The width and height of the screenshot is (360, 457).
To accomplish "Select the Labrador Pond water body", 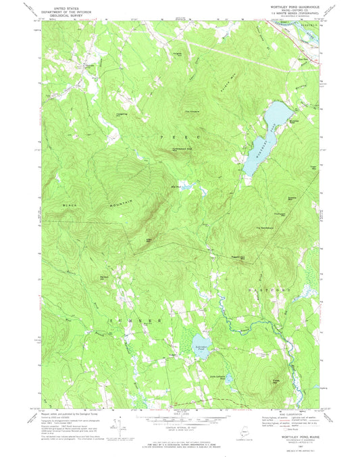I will click(202, 345).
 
